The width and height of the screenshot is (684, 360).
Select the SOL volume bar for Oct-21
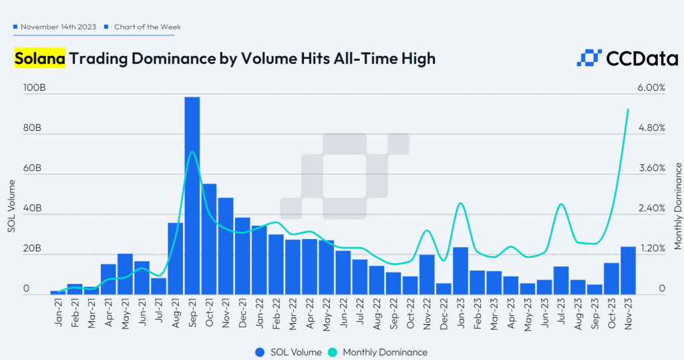[x=209, y=238]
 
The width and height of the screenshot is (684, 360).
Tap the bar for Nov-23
[x=628, y=270]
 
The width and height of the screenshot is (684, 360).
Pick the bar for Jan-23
[x=460, y=271]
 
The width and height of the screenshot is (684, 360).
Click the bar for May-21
[x=125, y=274]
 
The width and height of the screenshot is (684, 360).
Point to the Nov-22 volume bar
[x=427, y=274]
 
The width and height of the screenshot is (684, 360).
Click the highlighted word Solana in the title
[x=39, y=59]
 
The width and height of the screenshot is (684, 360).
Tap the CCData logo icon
[x=588, y=59]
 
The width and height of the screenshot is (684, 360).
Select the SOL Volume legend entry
[x=288, y=351]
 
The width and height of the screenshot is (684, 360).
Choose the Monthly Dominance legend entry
[x=378, y=351]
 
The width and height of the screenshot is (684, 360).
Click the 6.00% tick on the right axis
[x=651, y=88]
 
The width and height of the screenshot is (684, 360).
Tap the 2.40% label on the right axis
[x=651, y=208]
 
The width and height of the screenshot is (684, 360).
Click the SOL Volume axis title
[x=11, y=206]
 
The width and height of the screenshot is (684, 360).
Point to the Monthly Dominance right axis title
[x=677, y=206]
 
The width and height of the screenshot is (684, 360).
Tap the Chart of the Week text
[x=147, y=27]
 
